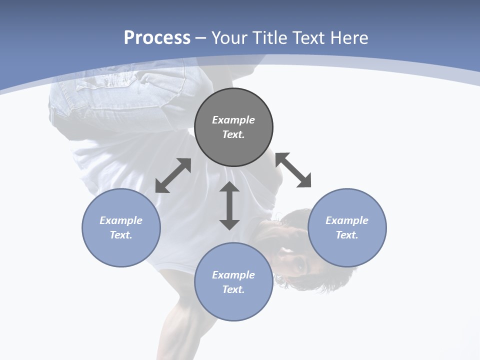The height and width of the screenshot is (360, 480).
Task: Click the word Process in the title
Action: point(157,38)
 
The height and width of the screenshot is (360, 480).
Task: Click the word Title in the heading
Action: point(267,38)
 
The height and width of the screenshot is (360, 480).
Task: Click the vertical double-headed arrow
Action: point(229,205)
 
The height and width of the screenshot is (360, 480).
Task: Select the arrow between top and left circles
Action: point(173,175)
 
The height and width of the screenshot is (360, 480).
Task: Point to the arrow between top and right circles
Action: point(293,170)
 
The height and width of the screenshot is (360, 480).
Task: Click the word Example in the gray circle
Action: point(233,120)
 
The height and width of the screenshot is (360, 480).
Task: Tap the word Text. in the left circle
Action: point(121,235)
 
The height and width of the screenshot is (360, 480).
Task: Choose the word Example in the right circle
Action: point(347,220)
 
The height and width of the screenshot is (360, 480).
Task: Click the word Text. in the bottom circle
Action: point(233,289)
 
